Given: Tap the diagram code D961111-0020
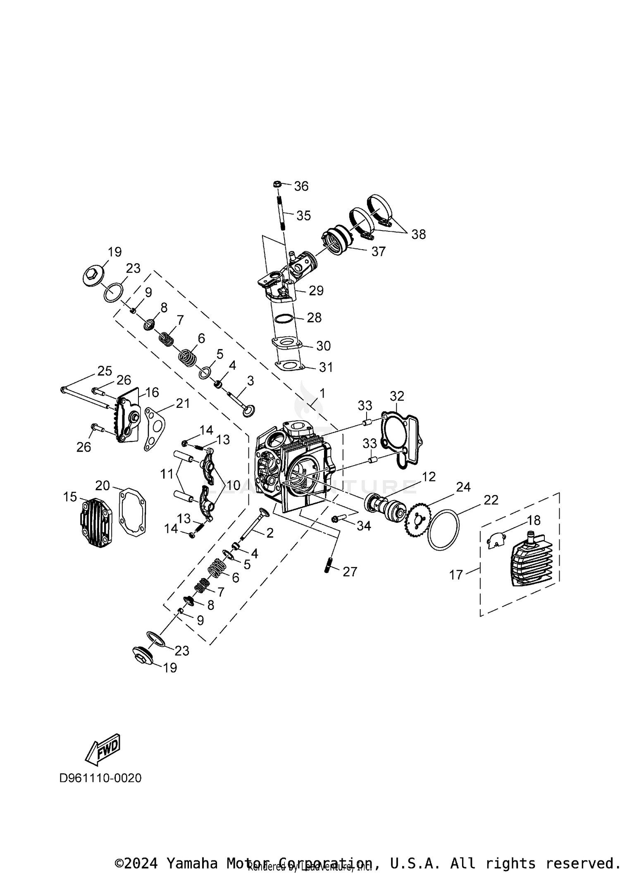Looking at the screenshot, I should (100, 778).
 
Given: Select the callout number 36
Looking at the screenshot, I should (301, 186).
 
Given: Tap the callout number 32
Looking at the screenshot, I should (397, 396).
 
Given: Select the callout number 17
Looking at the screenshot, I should (456, 575).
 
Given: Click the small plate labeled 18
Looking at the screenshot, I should (494, 540).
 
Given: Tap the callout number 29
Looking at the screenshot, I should (316, 291).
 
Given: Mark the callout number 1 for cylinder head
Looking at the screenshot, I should (322, 393).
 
